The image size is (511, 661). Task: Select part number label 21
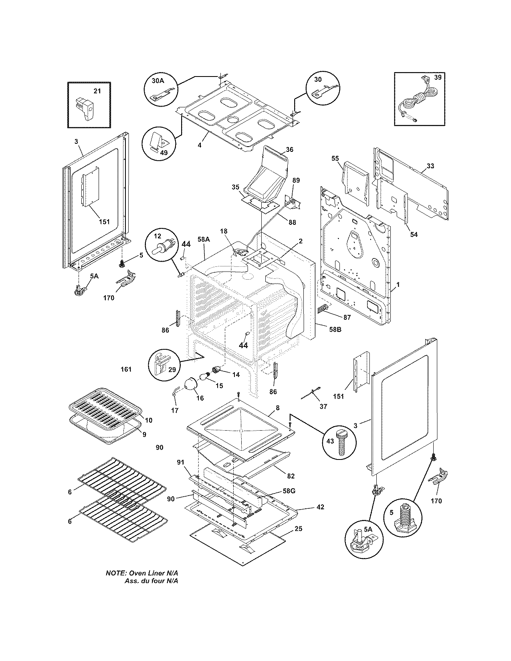(x=97, y=91)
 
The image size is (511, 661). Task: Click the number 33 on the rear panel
(x=430, y=166)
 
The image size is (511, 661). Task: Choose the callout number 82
(x=291, y=476)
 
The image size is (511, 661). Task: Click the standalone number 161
(x=126, y=369)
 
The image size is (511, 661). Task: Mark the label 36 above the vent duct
(x=289, y=150)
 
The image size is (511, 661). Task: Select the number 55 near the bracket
(x=335, y=159)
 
